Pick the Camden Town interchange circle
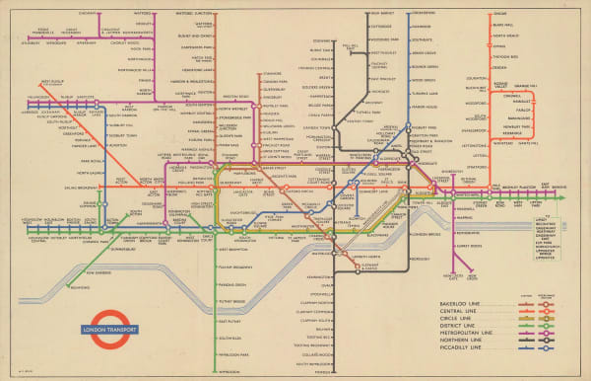[x=336, y=130]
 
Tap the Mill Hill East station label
[x=351, y=47]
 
